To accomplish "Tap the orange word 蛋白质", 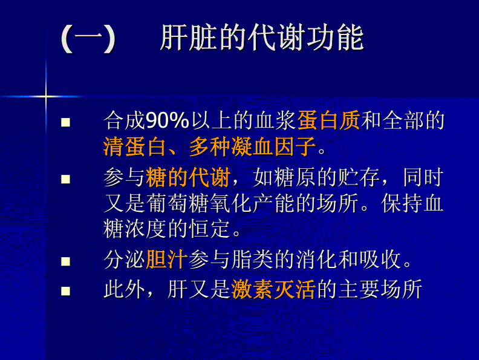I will pyautogui.click(x=328, y=121).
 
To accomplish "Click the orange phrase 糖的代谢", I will pyautogui.click(x=187, y=178).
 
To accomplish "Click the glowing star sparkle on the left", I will pyautogui.click(x=46, y=96).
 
